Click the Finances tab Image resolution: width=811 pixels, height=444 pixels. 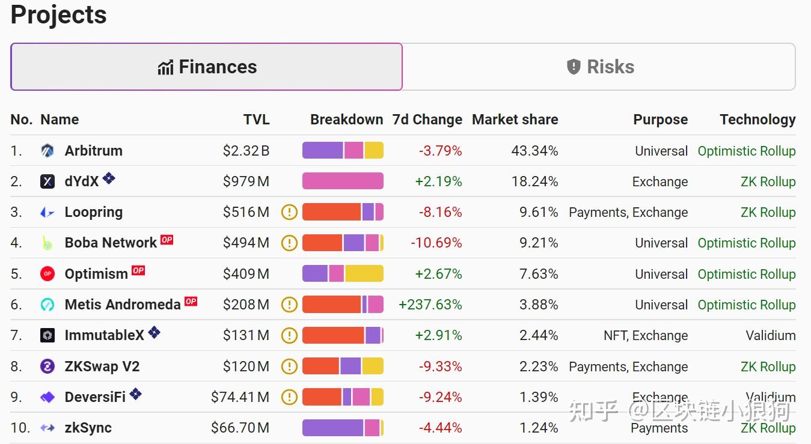[x=207, y=67]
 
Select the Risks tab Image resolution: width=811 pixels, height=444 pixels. [x=599, y=67]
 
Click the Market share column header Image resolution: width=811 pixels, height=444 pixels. [x=515, y=120]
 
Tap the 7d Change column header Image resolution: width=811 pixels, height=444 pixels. [x=427, y=120]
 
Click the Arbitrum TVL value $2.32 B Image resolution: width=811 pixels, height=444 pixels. [x=246, y=151]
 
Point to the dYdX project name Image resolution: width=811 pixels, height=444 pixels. [x=82, y=181]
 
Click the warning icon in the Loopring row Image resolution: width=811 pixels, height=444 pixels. [x=290, y=212]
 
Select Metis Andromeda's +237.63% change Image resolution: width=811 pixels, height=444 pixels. [x=430, y=305]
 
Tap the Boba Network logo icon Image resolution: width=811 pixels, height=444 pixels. [x=47, y=243]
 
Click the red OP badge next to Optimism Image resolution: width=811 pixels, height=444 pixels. [x=138, y=270]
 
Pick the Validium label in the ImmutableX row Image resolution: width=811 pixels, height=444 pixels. [x=770, y=335]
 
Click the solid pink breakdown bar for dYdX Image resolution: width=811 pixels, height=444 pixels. [x=343, y=181]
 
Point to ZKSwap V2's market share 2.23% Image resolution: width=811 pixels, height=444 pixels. [x=539, y=366]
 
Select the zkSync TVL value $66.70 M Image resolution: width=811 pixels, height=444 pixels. [x=240, y=428]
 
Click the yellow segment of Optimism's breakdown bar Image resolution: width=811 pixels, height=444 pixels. [x=364, y=274]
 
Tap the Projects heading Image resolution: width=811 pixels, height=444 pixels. [x=59, y=15]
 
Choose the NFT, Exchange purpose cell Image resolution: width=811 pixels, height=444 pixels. [x=646, y=335]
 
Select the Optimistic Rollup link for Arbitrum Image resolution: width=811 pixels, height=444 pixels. [x=746, y=151]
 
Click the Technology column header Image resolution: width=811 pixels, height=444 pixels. [x=757, y=120]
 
